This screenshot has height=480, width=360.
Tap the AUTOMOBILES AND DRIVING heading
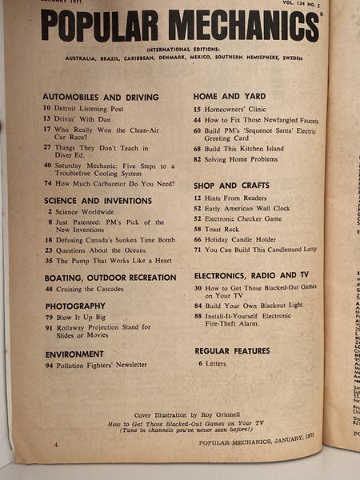click(x=100, y=97)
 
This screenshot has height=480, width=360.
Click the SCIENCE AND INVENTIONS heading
click(x=97, y=200)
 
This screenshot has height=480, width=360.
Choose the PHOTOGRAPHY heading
click(x=75, y=306)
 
